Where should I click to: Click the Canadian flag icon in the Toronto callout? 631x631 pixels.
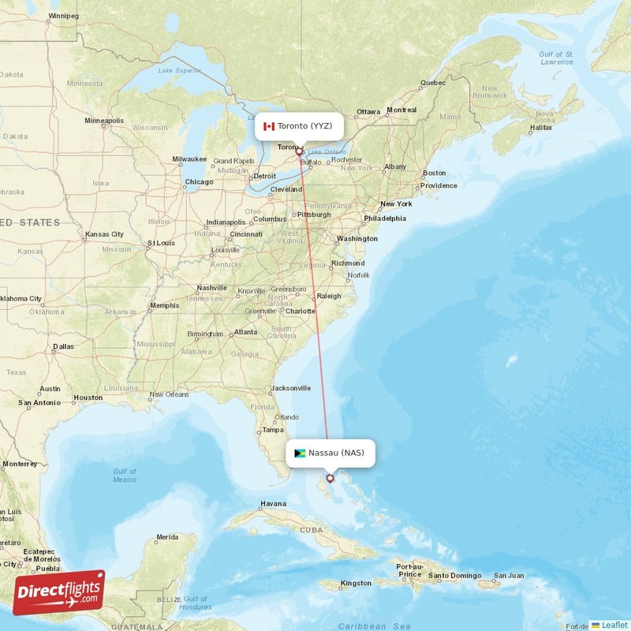coord(268,126)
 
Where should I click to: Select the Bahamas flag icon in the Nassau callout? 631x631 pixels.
coord(300,453)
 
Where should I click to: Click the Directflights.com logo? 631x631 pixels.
coord(59,592)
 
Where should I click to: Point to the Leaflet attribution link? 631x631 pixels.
coord(614,625)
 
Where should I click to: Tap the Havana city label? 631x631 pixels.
coord(273,503)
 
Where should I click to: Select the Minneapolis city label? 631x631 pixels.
coord(105,121)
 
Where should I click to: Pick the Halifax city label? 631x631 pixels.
coord(541,127)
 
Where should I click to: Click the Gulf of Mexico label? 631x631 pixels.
coord(124,476)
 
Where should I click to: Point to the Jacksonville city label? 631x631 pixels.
coord(290,388)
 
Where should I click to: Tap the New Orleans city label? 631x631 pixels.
coord(167,394)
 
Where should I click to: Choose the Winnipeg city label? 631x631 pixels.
coord(64,16)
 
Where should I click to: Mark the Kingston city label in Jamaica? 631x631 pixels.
coord(355,584)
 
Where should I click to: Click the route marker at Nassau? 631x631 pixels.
coord(330,478)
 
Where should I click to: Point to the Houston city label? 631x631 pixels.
coord(87,398)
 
